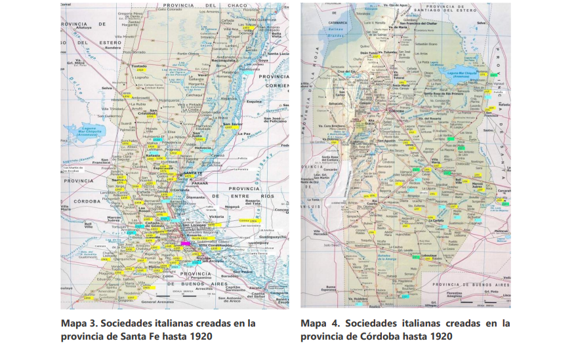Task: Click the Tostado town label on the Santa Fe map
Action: [139, 66]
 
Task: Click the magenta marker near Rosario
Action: [185, 243]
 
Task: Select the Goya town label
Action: [264, 60]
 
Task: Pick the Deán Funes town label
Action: [372, 52]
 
